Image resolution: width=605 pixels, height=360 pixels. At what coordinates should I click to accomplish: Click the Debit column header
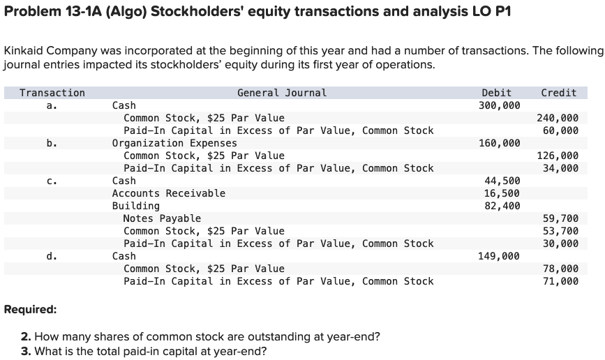pos(496,93)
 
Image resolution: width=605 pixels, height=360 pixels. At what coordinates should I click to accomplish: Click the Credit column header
pos(558,93)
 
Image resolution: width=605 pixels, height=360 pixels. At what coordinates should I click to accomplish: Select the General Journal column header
pos(281,93)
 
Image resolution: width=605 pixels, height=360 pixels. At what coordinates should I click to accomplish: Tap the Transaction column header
pos(52,93)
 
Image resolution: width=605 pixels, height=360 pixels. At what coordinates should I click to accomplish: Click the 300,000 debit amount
pos(500,105)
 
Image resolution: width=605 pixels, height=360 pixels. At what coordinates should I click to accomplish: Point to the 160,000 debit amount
pos(500,143)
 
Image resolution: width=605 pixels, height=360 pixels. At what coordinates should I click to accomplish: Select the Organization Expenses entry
pos(174,143)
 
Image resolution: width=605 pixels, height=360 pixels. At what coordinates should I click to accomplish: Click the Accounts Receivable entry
pos(169,193)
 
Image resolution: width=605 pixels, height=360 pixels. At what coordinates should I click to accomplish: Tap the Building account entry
pos(136,206)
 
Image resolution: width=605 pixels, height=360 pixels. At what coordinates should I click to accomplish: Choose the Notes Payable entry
pos(162,218)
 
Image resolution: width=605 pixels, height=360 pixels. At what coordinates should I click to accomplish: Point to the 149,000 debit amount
pos(500,256)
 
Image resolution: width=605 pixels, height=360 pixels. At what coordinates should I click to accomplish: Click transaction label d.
pos(52,256)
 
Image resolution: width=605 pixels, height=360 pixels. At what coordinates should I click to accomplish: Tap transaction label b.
pos(52,143)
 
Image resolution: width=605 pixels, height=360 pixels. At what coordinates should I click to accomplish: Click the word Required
pos(30,309)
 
